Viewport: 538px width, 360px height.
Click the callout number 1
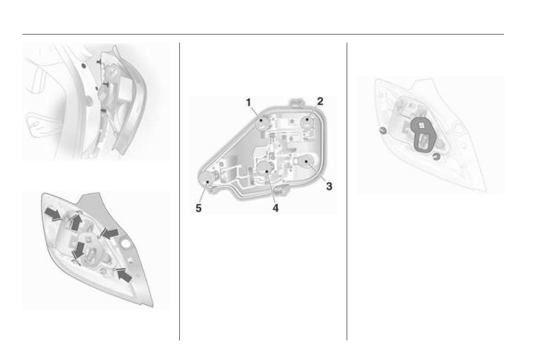click(249, 102)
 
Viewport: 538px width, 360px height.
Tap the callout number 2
click(320, 101)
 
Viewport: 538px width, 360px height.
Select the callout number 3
click(329, 186)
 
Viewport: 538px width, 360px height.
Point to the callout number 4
click(276, 208)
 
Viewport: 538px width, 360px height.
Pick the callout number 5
click(198, 208)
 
